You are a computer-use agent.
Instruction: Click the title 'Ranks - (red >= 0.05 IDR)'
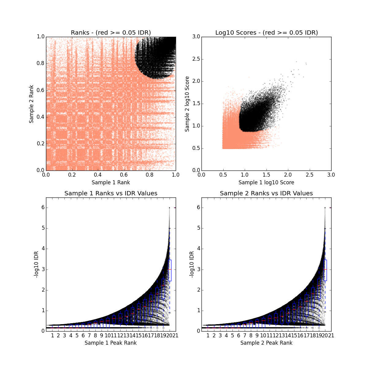tap(111, 33)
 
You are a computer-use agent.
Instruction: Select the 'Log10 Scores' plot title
tap(266, 33)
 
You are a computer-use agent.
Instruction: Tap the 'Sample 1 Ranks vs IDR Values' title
tap(111, 193)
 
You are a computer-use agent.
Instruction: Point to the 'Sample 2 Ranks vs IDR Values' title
tap(266, 193)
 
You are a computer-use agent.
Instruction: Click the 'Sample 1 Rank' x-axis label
tap(111, 182)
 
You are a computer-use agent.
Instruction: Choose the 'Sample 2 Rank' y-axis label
tap(31, 103)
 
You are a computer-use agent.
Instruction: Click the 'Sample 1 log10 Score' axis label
tap(266, 182)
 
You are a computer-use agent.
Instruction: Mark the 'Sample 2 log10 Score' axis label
tap(187, 104)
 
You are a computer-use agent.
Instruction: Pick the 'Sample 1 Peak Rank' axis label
tap(111, 343)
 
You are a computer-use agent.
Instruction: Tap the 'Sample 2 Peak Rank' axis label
tap(266, 343)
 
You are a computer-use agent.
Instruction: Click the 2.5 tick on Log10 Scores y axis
tap(196, 59)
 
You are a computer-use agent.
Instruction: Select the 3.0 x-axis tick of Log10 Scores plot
tap(331, 175)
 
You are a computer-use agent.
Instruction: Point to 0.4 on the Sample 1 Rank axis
tap(98, 175)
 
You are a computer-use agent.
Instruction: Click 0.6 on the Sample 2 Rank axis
tap(40, 90)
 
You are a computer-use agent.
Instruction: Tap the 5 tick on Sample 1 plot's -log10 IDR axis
tap(43, 228)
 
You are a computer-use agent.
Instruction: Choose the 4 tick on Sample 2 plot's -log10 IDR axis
tap(198, 249)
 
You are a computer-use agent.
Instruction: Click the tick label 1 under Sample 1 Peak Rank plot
tap(52, 335)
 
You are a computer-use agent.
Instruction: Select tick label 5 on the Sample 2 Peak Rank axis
tap(232, 335)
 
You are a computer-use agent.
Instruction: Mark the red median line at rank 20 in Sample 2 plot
tap(325, 269)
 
